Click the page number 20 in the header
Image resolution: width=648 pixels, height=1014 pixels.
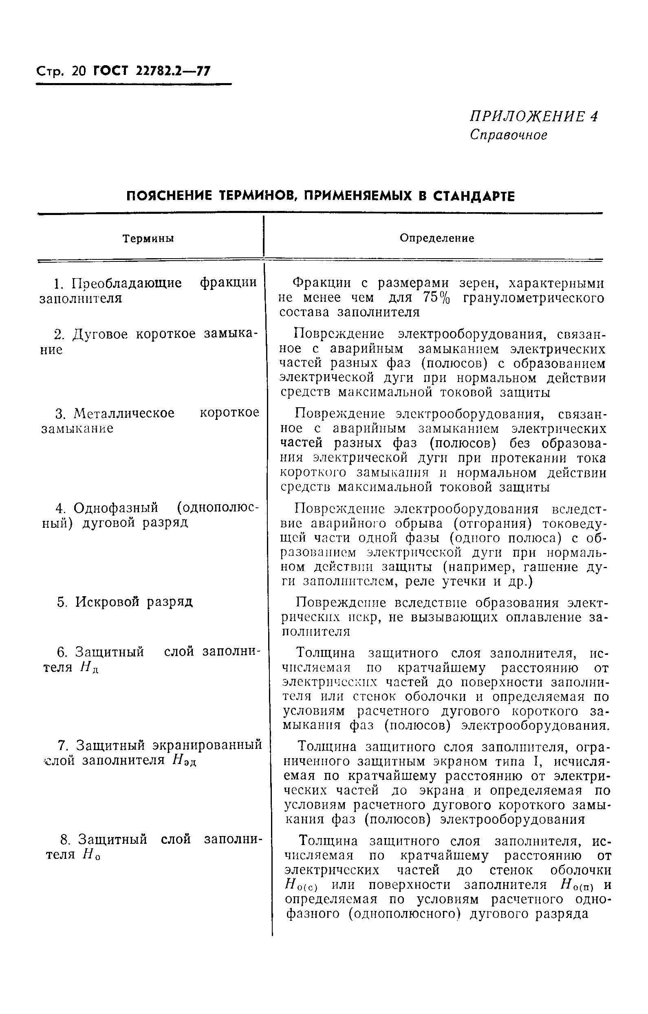pyautogui.click(x=79, y=71)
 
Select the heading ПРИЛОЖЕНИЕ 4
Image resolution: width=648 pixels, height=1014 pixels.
pyautogui.click(x=533, y=116)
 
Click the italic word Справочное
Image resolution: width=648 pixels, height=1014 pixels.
pyautogui.click(x=509, y=135)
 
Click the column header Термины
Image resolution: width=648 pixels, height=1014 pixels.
pyautogui.click(x=148, y=239)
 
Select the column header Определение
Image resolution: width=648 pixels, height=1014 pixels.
pyautogui.click(x=436, y=238)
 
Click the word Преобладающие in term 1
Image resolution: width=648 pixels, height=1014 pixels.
pyautogui.click(x=127, y=283)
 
